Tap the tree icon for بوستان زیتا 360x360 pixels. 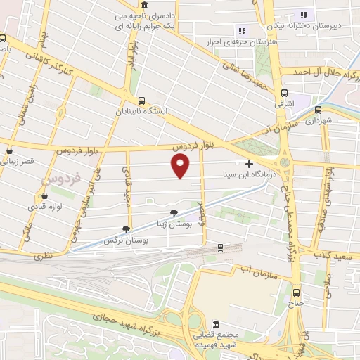pos(173,213)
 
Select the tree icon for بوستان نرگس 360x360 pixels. pos(126,229)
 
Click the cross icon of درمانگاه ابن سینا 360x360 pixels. pos(249,163)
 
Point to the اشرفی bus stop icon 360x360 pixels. pos(285,93)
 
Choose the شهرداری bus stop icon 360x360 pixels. pos(319,110)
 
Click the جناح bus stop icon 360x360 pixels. pos(296,292)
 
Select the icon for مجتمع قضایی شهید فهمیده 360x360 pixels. pos(215,325)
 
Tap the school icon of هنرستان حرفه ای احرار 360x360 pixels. pos(241,30)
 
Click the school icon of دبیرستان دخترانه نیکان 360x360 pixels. pos(304,15)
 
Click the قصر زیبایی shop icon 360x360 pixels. pos(10,150)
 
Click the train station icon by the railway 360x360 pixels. pos(220,247)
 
